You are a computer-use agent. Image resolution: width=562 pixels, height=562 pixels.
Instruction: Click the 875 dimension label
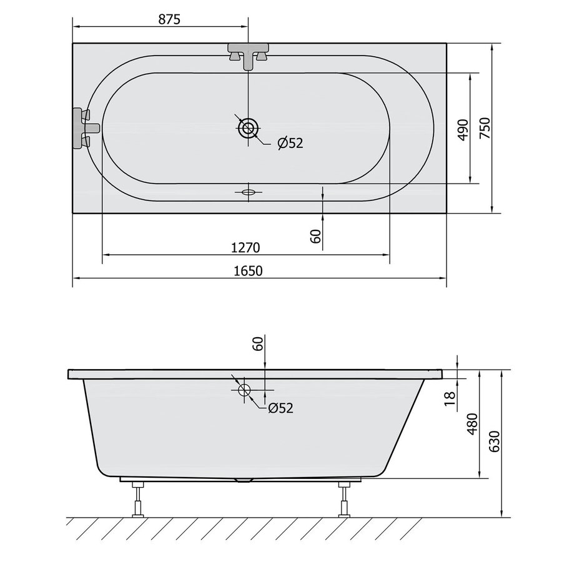pyautogui.click(x=169, y=19)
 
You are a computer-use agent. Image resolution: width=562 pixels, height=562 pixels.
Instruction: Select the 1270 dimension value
pyautogui.click(x=245, y=247)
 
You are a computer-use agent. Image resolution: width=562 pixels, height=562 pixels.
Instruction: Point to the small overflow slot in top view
pyautogui.click(x=249, y=192)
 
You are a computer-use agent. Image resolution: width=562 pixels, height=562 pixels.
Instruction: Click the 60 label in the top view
pyautogui.click(x=315, y=236)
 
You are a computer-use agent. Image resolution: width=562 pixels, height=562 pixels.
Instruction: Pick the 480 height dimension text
pyautogui.click(x=473, y=424)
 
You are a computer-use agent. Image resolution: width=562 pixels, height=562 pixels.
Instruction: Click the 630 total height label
pyautogui.click(x=494, y=441)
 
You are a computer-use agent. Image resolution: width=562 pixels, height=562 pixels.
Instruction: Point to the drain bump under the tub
pyautogui.click(x=242, y=480)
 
